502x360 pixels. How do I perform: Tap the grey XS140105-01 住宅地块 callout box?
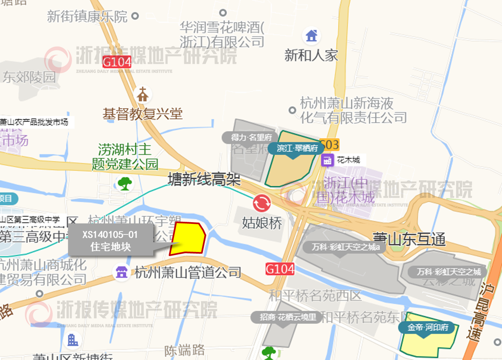click(x=110, y=240)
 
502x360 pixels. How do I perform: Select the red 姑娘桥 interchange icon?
click(x=262, y=203)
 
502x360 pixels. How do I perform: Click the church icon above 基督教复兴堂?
click(x=143, y=95)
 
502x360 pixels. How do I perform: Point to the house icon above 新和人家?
click(x=312, y=35)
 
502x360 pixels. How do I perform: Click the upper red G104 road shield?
click(x=117, y=62)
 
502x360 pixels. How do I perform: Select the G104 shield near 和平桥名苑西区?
click(x=280, y=269)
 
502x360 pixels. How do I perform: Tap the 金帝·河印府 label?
click(x=423, y=327)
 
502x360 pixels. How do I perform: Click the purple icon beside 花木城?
click(x=327, y=160)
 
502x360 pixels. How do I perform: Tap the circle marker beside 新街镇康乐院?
click(x=136, y=17)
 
